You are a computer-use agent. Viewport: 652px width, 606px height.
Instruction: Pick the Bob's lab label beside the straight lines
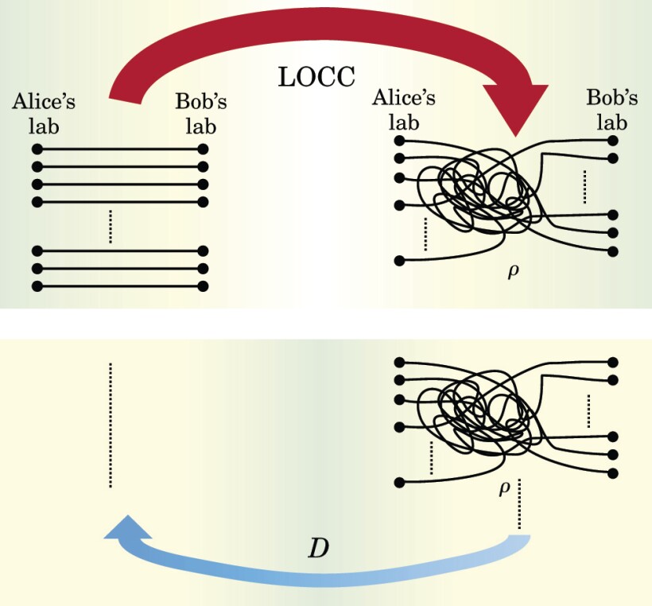click(201, 113)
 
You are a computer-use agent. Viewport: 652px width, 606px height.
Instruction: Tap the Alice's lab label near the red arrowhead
click(404, 109)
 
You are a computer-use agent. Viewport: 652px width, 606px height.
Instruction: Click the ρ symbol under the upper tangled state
click(513, 271)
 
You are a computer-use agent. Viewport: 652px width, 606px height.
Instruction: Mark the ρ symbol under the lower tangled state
click(504, 488)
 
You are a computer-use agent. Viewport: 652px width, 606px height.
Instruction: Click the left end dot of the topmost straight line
click(36, 149)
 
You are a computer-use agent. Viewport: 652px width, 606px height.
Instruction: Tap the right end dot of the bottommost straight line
click(203, 286)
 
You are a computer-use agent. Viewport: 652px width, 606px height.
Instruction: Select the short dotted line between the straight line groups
click(111, 227)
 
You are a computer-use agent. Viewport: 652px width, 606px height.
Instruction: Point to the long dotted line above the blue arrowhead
click(111, 425)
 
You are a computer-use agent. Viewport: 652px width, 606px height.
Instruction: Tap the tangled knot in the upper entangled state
click(477, 191)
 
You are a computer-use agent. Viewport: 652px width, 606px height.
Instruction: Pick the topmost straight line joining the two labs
click(119, 149)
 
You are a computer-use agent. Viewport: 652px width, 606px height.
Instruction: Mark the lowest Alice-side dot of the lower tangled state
click(399, 482)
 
